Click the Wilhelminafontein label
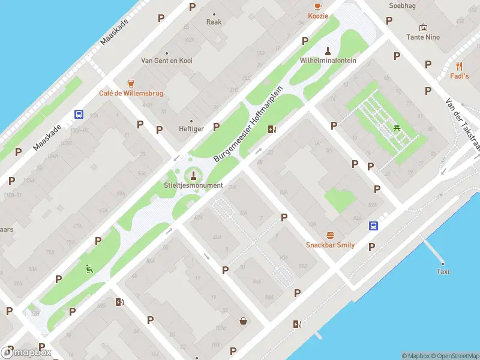(x=328, y=61)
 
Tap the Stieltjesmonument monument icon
(x=193, y=176)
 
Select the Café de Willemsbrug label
(x=131, y=94)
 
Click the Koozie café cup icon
(x=318, y=5)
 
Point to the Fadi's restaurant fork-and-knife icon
(x=460, y=66)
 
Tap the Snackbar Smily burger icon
(x=330, y=235)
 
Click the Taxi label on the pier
(x=443, y=272)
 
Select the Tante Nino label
(x=423, y=37)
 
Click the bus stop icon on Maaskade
(x=79, y=114)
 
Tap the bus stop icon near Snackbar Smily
(x=373, y=226)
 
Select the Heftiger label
(x=191, y=129)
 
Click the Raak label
(x=214, y=22)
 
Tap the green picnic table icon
(x=397, y=127)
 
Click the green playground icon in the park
(x=90, y=269)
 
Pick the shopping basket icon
(x=244, y=320)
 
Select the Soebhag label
(x=401, y=5)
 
